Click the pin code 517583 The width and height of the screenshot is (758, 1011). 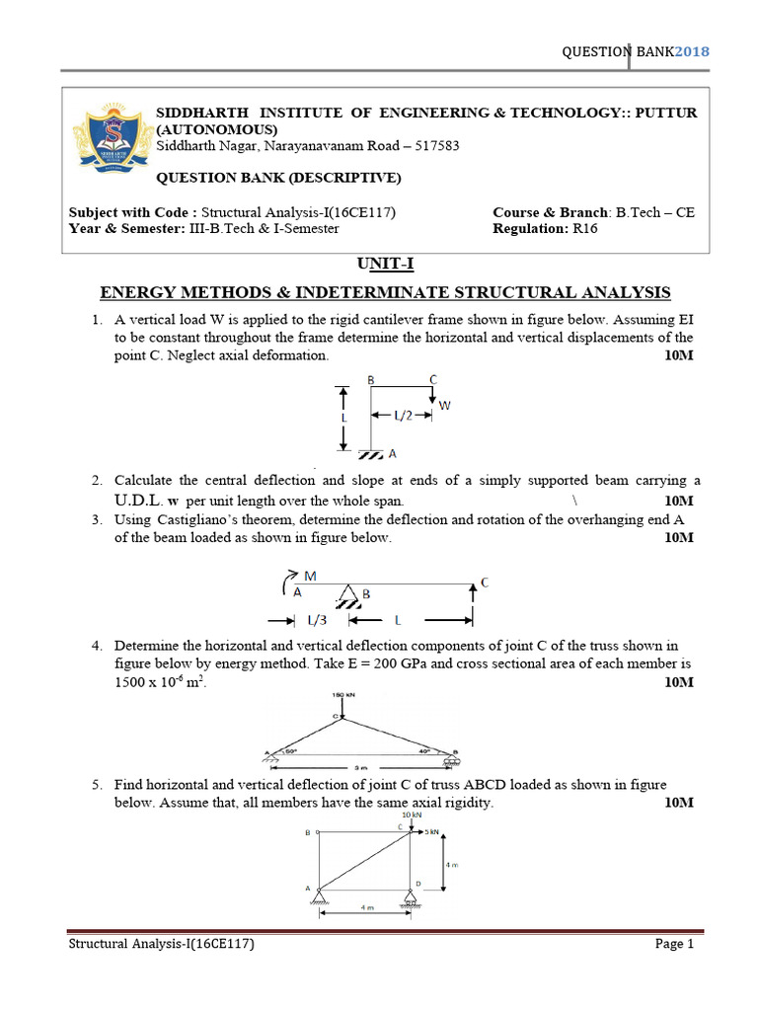point(434,146)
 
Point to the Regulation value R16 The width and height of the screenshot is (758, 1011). point(583,228)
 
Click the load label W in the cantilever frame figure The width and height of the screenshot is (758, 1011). point(444,404)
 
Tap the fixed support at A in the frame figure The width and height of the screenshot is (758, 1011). point(371,453)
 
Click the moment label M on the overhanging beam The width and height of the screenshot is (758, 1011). point(310,575)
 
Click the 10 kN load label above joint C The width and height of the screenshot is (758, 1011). point(412,816)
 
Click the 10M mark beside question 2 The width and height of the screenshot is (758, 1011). point(679,501)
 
